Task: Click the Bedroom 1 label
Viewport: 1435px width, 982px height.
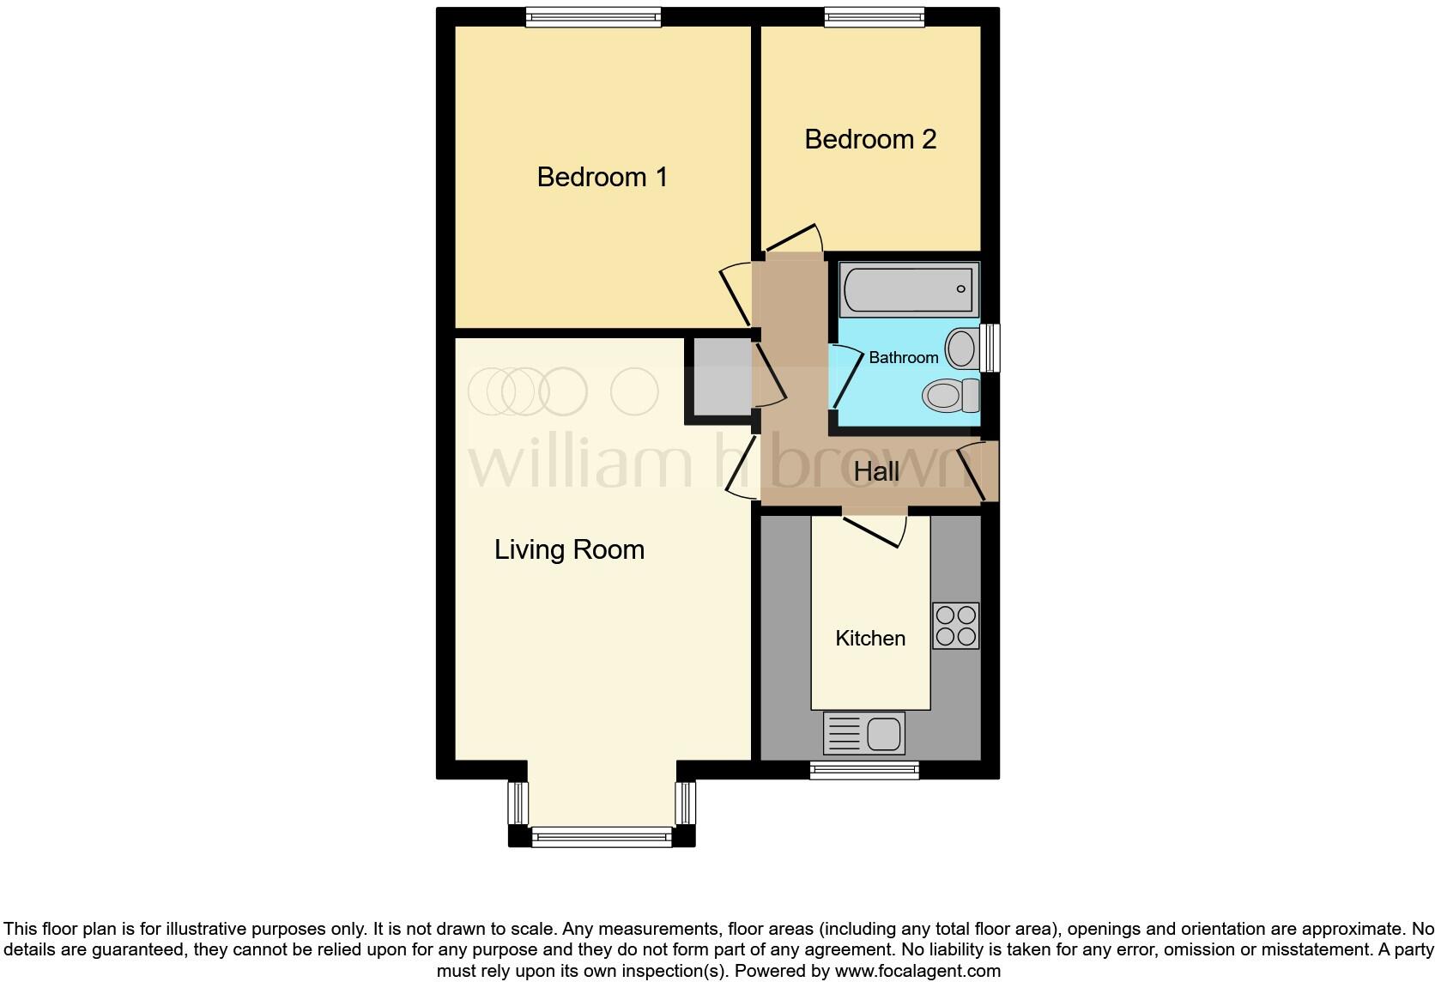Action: [x=602, y=177]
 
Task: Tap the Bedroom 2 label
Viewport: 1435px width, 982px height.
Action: [x=869, y=139]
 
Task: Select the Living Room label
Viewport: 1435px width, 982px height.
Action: [x=569, y=549]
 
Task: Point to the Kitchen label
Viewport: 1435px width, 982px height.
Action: [x=870, y=638]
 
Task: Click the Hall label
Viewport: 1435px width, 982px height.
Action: [x=876, y=471]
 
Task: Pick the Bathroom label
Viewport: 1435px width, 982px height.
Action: [x=903, y=357]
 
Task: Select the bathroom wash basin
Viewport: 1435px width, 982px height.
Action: [x=962, y=349]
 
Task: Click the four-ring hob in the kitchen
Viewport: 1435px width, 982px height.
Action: [x=956, y=625]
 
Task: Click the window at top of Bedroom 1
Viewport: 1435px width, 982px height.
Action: [x=594, y=16]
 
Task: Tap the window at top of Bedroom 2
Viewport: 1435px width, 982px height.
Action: [x=875, y=16]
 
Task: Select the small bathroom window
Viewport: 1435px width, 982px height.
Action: [x=991, y=347]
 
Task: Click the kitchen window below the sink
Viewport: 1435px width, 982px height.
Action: [x=864, y=770]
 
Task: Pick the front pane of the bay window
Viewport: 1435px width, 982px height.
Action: [x=602, y=836]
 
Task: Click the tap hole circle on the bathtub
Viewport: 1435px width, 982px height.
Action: [x=961, y=289]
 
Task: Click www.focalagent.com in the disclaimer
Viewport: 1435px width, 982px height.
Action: [x=917, y=972]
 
